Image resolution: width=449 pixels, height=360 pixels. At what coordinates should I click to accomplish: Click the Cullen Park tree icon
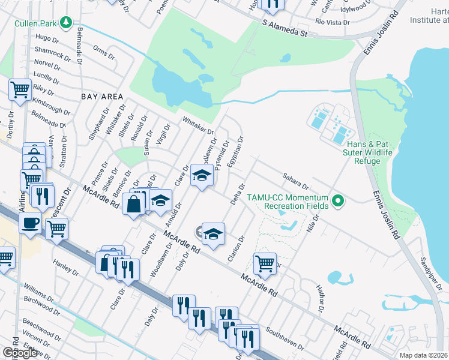(66, 23)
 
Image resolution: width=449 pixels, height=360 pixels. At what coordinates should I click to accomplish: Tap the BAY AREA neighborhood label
(102, 97)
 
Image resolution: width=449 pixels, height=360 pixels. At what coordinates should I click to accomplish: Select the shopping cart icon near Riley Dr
(20, 89)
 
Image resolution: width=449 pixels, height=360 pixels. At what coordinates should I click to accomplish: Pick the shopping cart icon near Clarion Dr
(265, 262)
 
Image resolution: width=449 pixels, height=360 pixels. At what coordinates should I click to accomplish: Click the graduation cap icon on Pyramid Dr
(202, 175)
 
